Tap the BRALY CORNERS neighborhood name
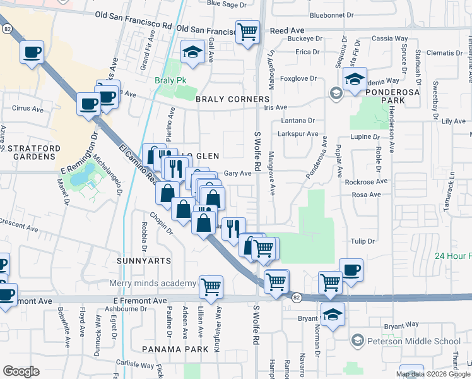pos(233,100)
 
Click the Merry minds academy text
pos(152,284)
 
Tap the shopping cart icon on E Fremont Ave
pos(211,286)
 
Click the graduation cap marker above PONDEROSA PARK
pos(355,80)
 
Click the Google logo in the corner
pos(21,371)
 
